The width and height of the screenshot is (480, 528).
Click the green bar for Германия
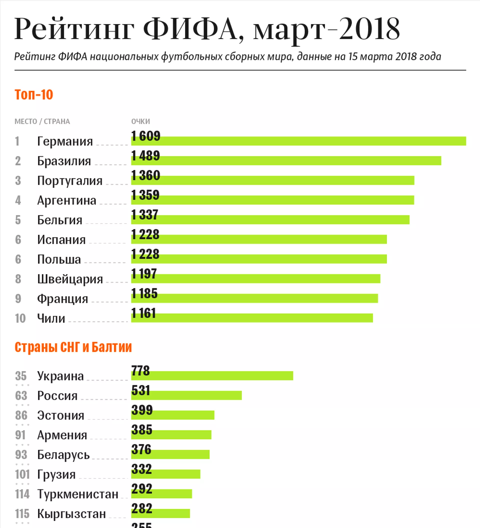298,141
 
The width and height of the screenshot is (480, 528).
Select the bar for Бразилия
286,161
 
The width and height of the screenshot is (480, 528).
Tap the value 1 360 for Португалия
145,175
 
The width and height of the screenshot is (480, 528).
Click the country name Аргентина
66,200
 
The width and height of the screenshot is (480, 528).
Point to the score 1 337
144,215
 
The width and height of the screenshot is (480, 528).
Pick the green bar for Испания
259,239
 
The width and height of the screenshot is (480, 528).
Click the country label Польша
59,259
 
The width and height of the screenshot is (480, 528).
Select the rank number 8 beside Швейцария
18,279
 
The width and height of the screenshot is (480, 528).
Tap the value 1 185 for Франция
144,293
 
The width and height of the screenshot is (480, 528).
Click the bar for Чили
252,318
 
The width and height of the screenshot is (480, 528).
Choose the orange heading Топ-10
34,95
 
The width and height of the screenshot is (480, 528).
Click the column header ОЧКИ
140,122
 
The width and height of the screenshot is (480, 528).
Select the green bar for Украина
212,376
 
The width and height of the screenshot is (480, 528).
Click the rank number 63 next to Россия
21,395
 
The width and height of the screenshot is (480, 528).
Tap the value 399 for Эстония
142,410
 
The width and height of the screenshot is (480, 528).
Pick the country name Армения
62,435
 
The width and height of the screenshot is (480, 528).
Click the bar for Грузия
165,474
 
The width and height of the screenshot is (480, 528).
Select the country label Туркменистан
77,494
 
